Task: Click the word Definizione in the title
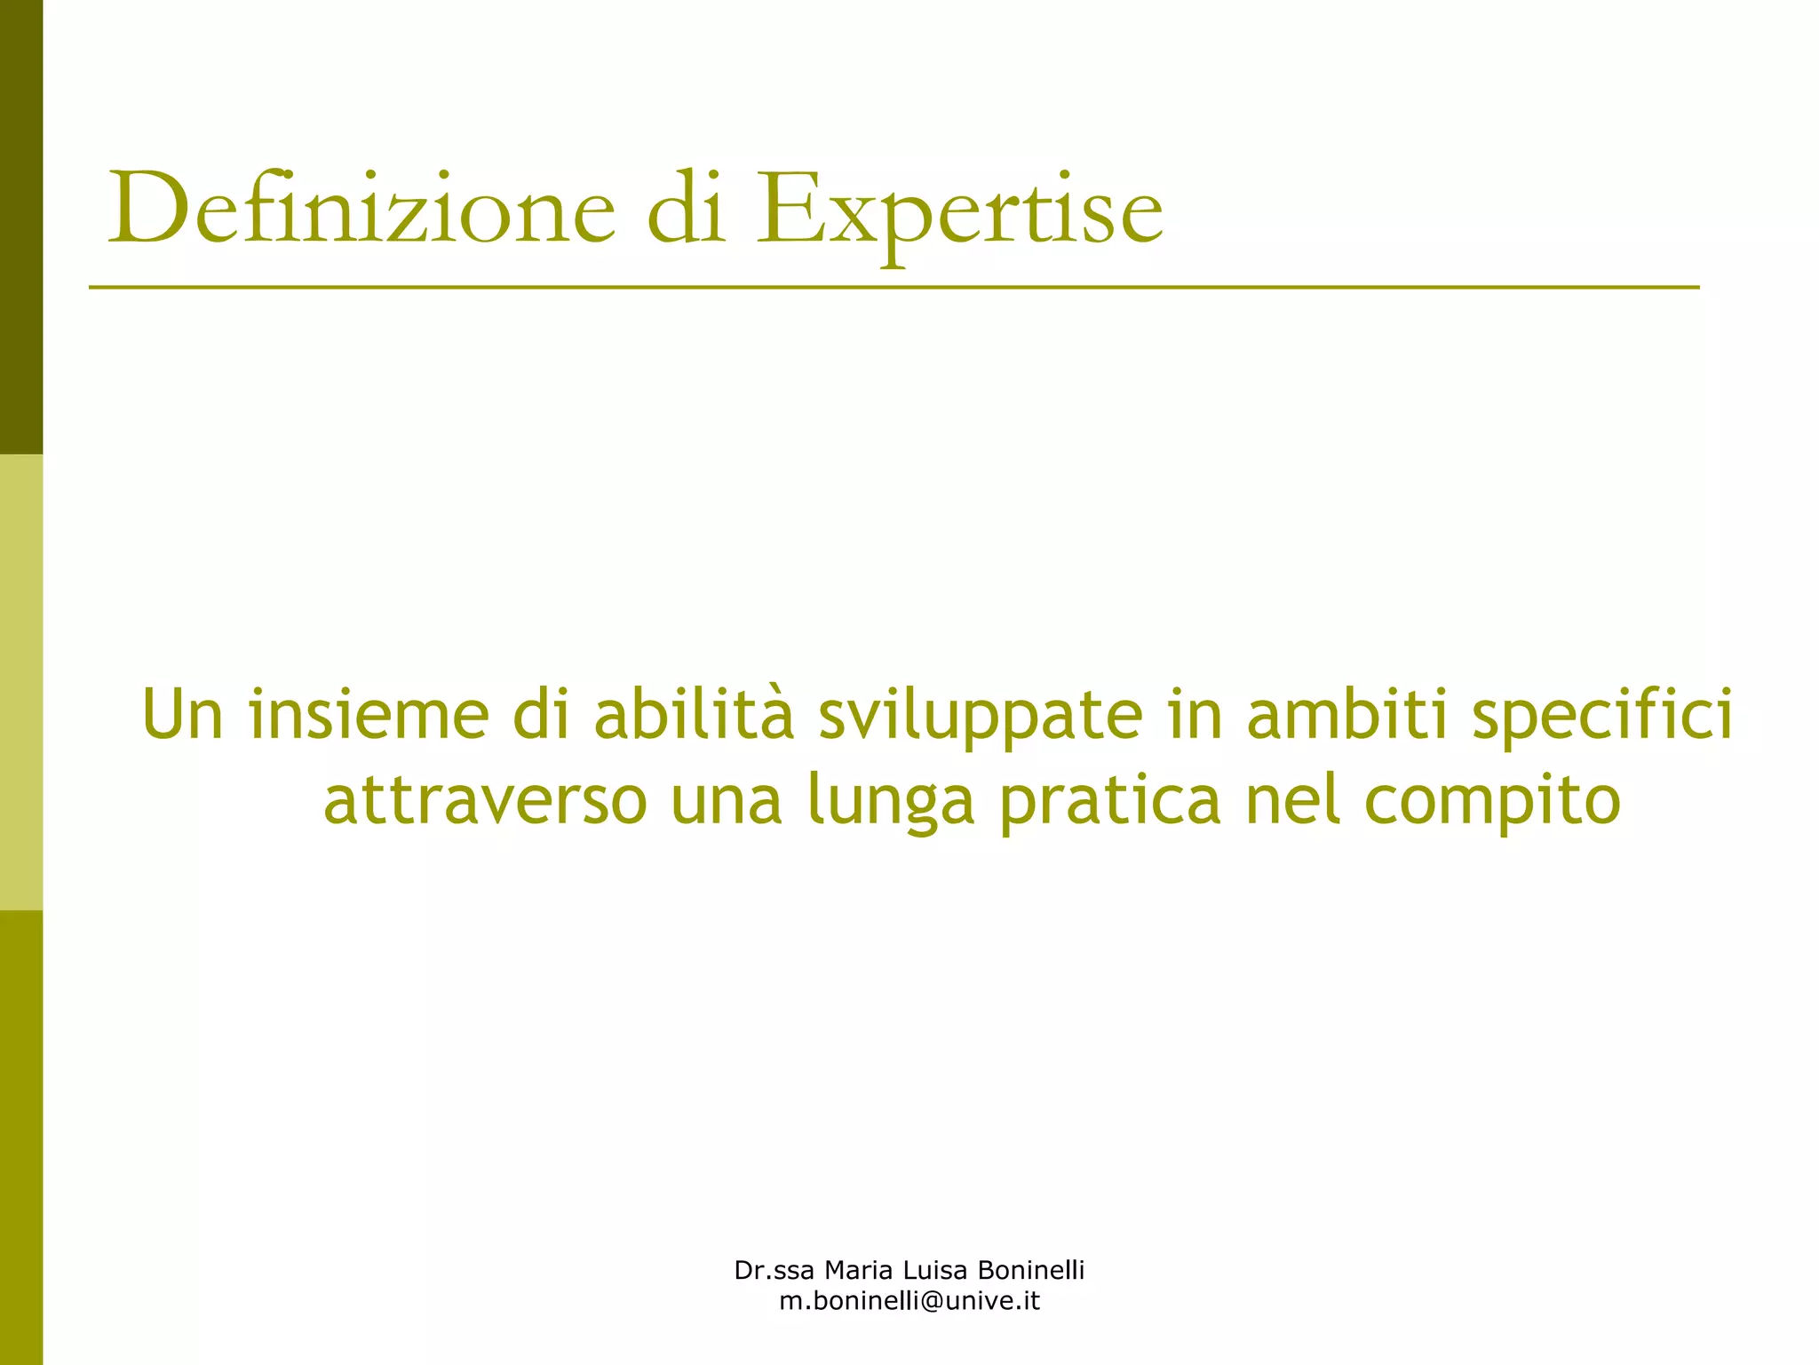coord(361,210)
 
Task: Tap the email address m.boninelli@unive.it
coord(909,1302)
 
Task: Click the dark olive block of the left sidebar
coord(21,226)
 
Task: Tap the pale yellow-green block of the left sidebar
coord(21,682)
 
